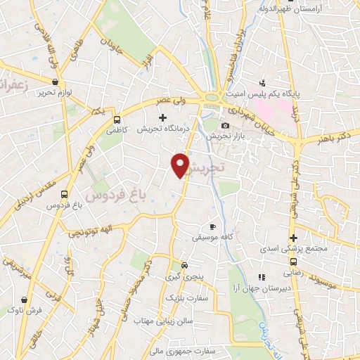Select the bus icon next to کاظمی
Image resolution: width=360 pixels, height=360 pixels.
(117, 120)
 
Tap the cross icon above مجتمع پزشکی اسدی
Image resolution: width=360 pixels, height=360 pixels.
(294, 237)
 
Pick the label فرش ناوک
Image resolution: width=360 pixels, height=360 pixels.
(28, 309)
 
